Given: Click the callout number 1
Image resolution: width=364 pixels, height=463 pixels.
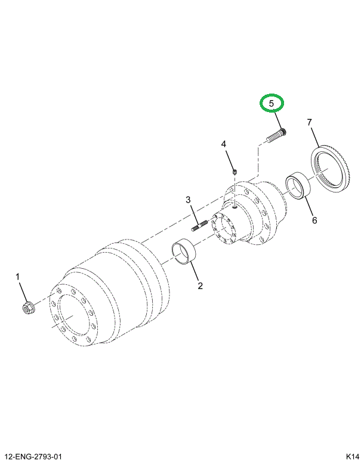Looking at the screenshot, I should point(18,276).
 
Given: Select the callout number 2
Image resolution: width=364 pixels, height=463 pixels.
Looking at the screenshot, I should point(200,285).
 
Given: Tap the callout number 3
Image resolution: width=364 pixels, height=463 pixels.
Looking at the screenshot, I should point(187,200).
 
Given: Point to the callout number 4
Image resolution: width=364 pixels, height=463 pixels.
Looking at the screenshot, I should point(224,145).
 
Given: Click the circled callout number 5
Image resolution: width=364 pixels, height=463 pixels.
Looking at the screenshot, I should point(271,104).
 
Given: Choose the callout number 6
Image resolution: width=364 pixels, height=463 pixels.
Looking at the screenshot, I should point(314,220).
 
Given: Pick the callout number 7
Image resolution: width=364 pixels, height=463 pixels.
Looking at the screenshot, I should point(310,123).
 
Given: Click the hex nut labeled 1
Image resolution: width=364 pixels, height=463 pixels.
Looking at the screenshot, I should point(27,308).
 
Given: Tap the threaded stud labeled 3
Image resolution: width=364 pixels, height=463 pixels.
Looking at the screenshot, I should point(199,226).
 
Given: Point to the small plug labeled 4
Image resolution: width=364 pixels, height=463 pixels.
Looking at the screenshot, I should point(235,172).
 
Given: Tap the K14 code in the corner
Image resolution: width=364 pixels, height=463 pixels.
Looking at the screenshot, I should point(351,457).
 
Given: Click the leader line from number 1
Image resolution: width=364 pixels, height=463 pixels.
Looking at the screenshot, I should point(22,291).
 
